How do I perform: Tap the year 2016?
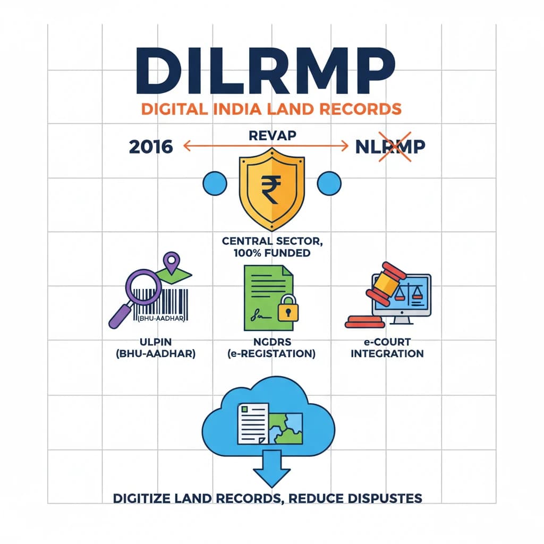coord(150,146)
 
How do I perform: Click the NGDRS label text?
coord(271,342)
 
